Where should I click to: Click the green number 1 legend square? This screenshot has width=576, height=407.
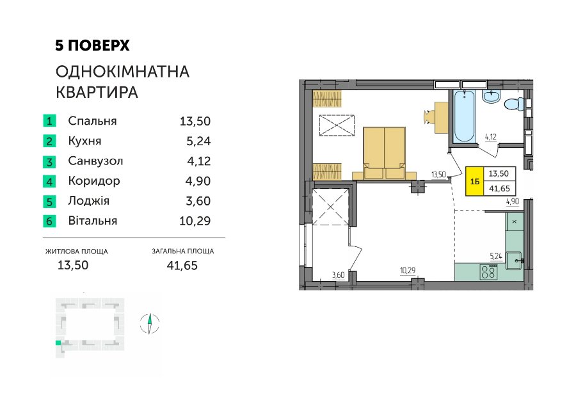49,120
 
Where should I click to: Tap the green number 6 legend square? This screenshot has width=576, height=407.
49,221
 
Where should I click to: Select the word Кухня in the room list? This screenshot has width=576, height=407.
85,141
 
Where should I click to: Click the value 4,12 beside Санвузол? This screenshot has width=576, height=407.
199,161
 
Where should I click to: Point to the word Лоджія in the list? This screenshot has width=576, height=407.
89,201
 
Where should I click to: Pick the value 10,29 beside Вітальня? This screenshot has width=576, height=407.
195,221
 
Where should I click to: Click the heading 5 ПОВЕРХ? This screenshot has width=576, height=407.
93,45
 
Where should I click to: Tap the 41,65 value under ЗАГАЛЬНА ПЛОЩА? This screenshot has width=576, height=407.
182,265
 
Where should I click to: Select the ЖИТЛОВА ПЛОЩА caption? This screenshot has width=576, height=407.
76,251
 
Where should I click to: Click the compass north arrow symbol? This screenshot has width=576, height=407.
150,324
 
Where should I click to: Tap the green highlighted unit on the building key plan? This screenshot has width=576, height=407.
58,343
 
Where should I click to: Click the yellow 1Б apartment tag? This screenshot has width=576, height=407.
475,181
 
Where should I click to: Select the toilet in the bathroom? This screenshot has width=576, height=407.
514,104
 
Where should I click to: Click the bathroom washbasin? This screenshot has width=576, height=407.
491,96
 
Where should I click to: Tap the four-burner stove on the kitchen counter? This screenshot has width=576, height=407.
489,272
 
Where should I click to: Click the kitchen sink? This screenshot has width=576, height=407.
515,260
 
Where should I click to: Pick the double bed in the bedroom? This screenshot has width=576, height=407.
384,153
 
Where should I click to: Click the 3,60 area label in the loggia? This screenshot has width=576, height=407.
339,275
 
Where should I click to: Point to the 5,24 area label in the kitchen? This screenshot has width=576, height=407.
496,256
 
